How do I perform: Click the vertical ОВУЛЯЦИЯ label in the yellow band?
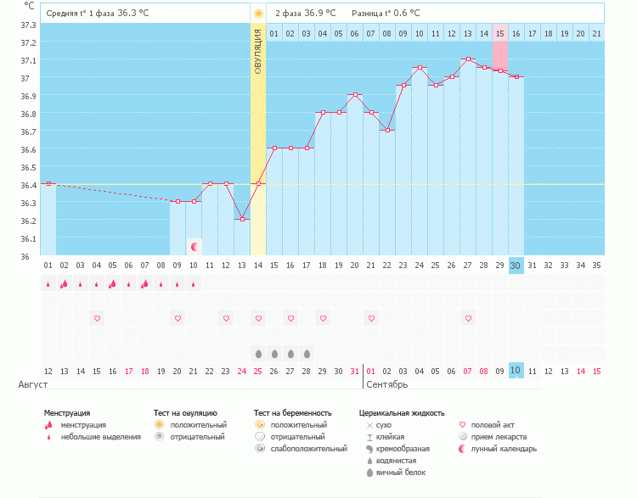coord(258,51)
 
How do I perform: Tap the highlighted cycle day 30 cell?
coord(516,266)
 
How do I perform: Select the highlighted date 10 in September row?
coord(516,371)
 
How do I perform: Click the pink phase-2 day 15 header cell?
coord(499,33)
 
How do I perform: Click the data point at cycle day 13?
coord(242,219)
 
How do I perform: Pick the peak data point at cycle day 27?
coord(467,59)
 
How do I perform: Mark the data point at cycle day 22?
coord(386,130)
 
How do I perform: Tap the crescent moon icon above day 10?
coord(194,247)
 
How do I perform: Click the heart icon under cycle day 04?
coord(97,318)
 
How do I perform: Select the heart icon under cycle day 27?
coord(467,318)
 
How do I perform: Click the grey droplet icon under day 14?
coord(258,353)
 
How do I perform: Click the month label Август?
coord(32,384)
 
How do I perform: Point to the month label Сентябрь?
coord(387,384)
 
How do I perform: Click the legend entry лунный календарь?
coord(504,449)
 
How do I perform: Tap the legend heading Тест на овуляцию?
coord(185,413)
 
